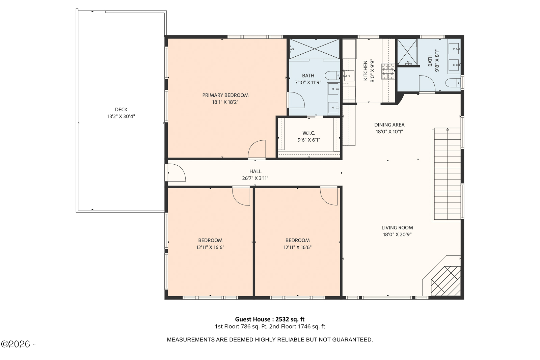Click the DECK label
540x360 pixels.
click(x=121, y=109)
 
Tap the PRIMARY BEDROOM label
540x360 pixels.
click(x=225, y=95)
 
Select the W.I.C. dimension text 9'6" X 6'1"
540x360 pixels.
click(x=308, y=140)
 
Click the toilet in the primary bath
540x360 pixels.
click(x=332, y=76)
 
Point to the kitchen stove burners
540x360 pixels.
click(x=388, y=71)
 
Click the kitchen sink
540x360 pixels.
click(x=349, y=76)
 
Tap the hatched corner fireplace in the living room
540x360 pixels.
click(x=446, y=281)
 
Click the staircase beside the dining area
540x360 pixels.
click(x=448, y=174)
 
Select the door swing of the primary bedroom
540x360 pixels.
click(x=257, y=149)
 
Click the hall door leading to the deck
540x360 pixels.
click(x=177, y=172)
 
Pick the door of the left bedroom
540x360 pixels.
click(x=241, y=196)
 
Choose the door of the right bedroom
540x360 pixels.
click(x=329, y=196)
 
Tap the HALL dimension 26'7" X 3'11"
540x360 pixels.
click(x=255, y=178)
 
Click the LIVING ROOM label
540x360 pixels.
click(x=397, y=227)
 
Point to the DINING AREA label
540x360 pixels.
click(x=389, y=124)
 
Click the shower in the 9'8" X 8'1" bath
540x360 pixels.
click(x=407, y=52)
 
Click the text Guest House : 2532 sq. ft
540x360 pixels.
click(x=270, y=319)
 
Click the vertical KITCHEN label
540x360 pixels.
click(x=366, y=71)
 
